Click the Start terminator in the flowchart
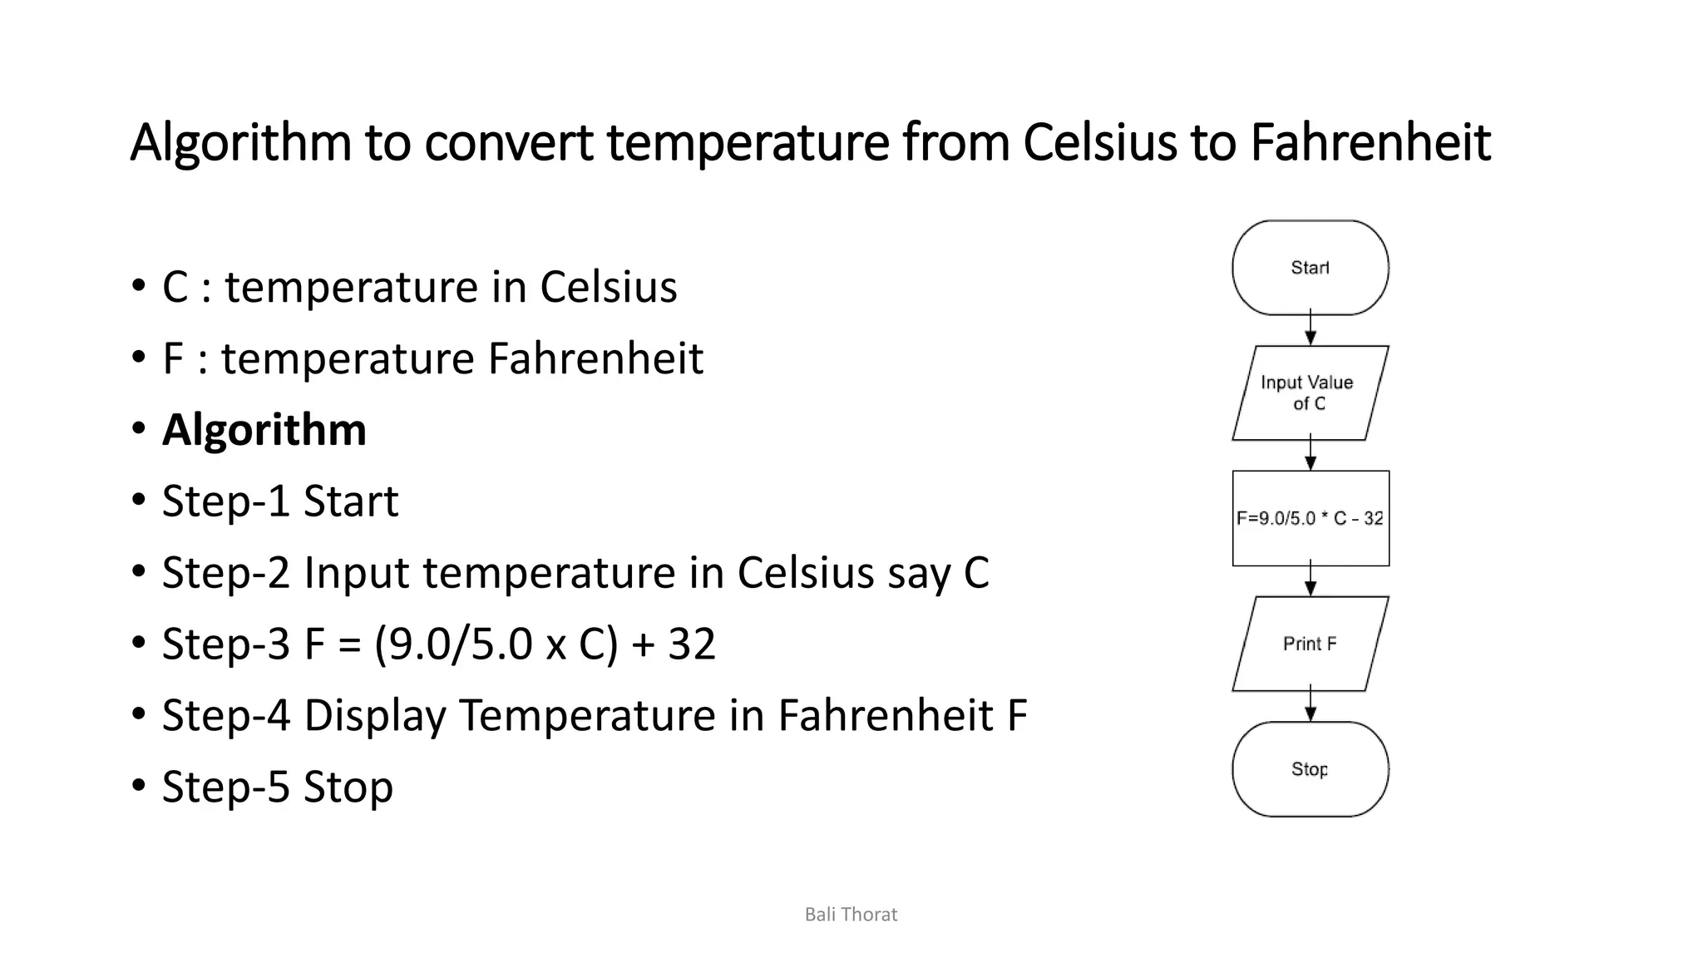[1310, 268]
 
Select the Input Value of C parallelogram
[1310, 393]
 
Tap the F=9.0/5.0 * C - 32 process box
[1310, 518]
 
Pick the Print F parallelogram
[1310, 644]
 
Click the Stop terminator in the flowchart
[1310, 769]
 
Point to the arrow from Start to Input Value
[1311, 329]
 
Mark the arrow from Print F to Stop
[1311, 705]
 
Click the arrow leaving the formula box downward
[1311, 580]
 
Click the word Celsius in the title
[1099, 142]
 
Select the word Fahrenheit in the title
[1370, 142]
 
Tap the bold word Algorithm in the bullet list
[264, 430]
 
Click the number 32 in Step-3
[692, 644]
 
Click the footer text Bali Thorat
[851, 915]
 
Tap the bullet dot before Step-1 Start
[138, 501]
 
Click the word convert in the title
[509, 142]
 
